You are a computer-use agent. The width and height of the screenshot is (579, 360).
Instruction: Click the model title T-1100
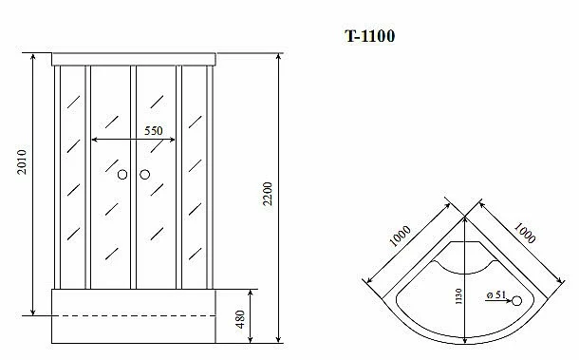pos(369,36)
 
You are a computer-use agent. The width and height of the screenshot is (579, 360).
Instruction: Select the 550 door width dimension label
pos(153,131)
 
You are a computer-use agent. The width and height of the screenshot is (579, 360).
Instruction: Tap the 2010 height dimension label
pos(22,161)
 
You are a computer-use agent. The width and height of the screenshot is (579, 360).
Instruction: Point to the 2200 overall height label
pos(268,194)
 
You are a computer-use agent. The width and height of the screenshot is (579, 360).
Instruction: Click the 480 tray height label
pos(240,319)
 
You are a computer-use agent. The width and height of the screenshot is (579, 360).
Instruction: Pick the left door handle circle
pos(122,175)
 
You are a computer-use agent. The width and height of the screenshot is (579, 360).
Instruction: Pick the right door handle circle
pos(144,175)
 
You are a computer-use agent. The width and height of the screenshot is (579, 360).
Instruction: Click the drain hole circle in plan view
pos(516,301)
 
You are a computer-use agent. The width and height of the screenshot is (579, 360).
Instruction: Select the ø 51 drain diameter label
pos(495,294)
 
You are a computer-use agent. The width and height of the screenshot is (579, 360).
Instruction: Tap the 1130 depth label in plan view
pos(458,296)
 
